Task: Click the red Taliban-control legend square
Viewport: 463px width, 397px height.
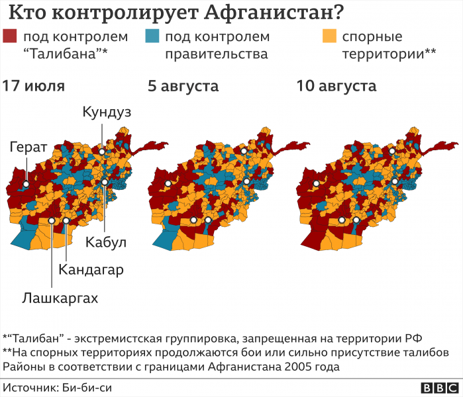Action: click(x=10, y=36)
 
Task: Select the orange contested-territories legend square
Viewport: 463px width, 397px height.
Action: click(x=329, y=36)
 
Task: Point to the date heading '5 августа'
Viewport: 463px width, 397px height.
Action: click(x=183, y=86)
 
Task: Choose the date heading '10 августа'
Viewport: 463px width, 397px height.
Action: click(x=336, y=86)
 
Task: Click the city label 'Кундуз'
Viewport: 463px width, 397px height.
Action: click(x=107, y=112)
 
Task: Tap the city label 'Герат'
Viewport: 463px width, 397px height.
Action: click(x=28, y=148)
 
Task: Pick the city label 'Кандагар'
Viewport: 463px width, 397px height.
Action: click(x=91, y=269)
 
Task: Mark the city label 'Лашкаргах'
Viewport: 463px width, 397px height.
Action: click(x=60, y=298)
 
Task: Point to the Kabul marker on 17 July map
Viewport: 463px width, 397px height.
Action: click(x=104, y=181)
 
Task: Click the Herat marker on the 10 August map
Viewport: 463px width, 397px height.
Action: click(x=317, y=183)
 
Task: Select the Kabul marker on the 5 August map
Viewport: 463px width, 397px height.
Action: click(x=246, y=181)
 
